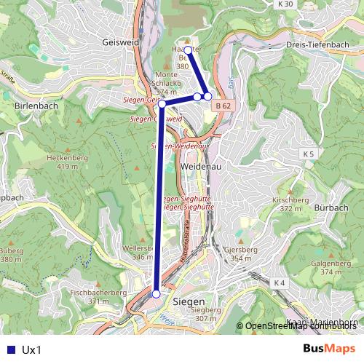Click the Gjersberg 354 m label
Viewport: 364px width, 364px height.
point(242,253)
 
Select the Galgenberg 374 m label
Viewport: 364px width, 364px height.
point(325,267)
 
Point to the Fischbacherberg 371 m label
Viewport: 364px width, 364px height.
point(94,296)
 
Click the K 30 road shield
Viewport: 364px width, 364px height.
point(286,4)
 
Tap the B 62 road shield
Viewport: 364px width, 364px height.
point(223,106)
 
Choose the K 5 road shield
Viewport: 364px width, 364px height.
point(309,154)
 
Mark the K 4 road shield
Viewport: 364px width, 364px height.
point(280,282)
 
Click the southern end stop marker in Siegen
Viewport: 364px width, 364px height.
point(157,294)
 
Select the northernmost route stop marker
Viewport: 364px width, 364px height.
point(188,50)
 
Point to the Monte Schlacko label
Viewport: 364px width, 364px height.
point(167,83)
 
